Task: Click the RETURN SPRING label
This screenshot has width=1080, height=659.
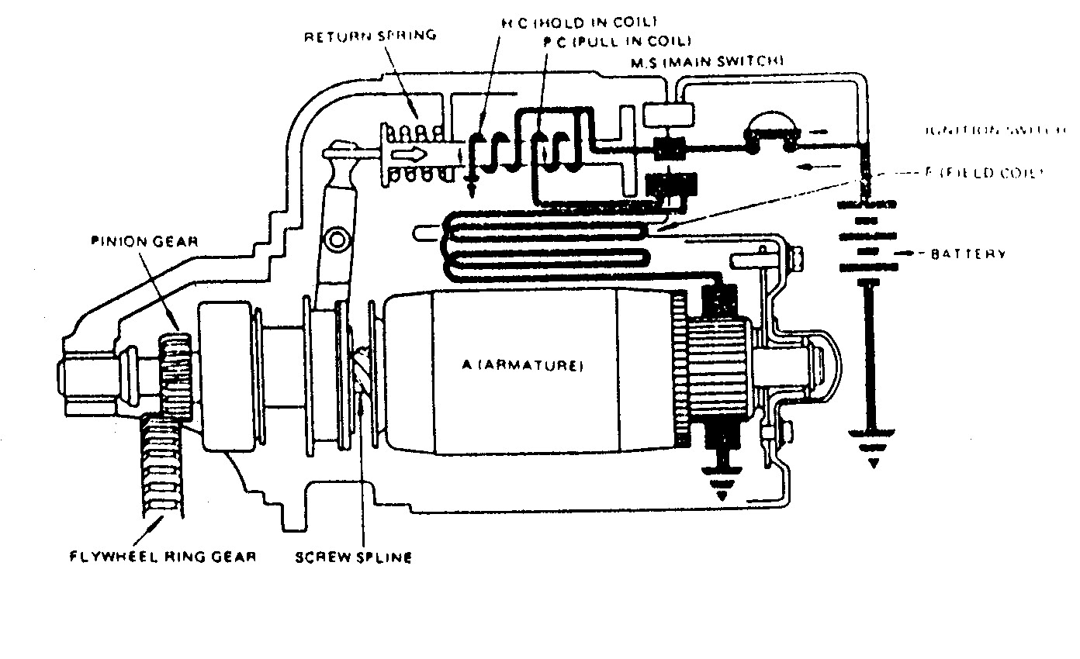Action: [x=372, y=36]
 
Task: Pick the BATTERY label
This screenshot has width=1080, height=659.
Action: [x=969, y=254]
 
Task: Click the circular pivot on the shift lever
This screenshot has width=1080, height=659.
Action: [x=335, y=240]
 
